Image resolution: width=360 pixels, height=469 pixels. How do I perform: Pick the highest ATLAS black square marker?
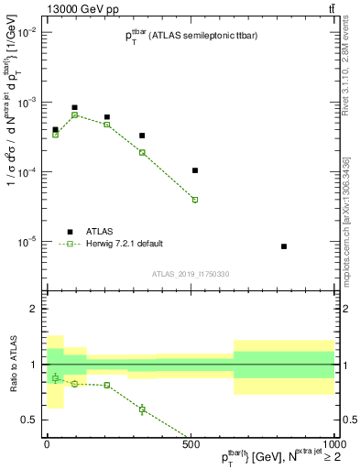[75, 107]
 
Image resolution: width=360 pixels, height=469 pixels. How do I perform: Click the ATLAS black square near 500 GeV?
[195, 170]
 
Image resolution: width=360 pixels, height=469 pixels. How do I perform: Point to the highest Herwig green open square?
[75, 115]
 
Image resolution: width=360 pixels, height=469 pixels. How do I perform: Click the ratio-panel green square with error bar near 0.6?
[142, 409]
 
